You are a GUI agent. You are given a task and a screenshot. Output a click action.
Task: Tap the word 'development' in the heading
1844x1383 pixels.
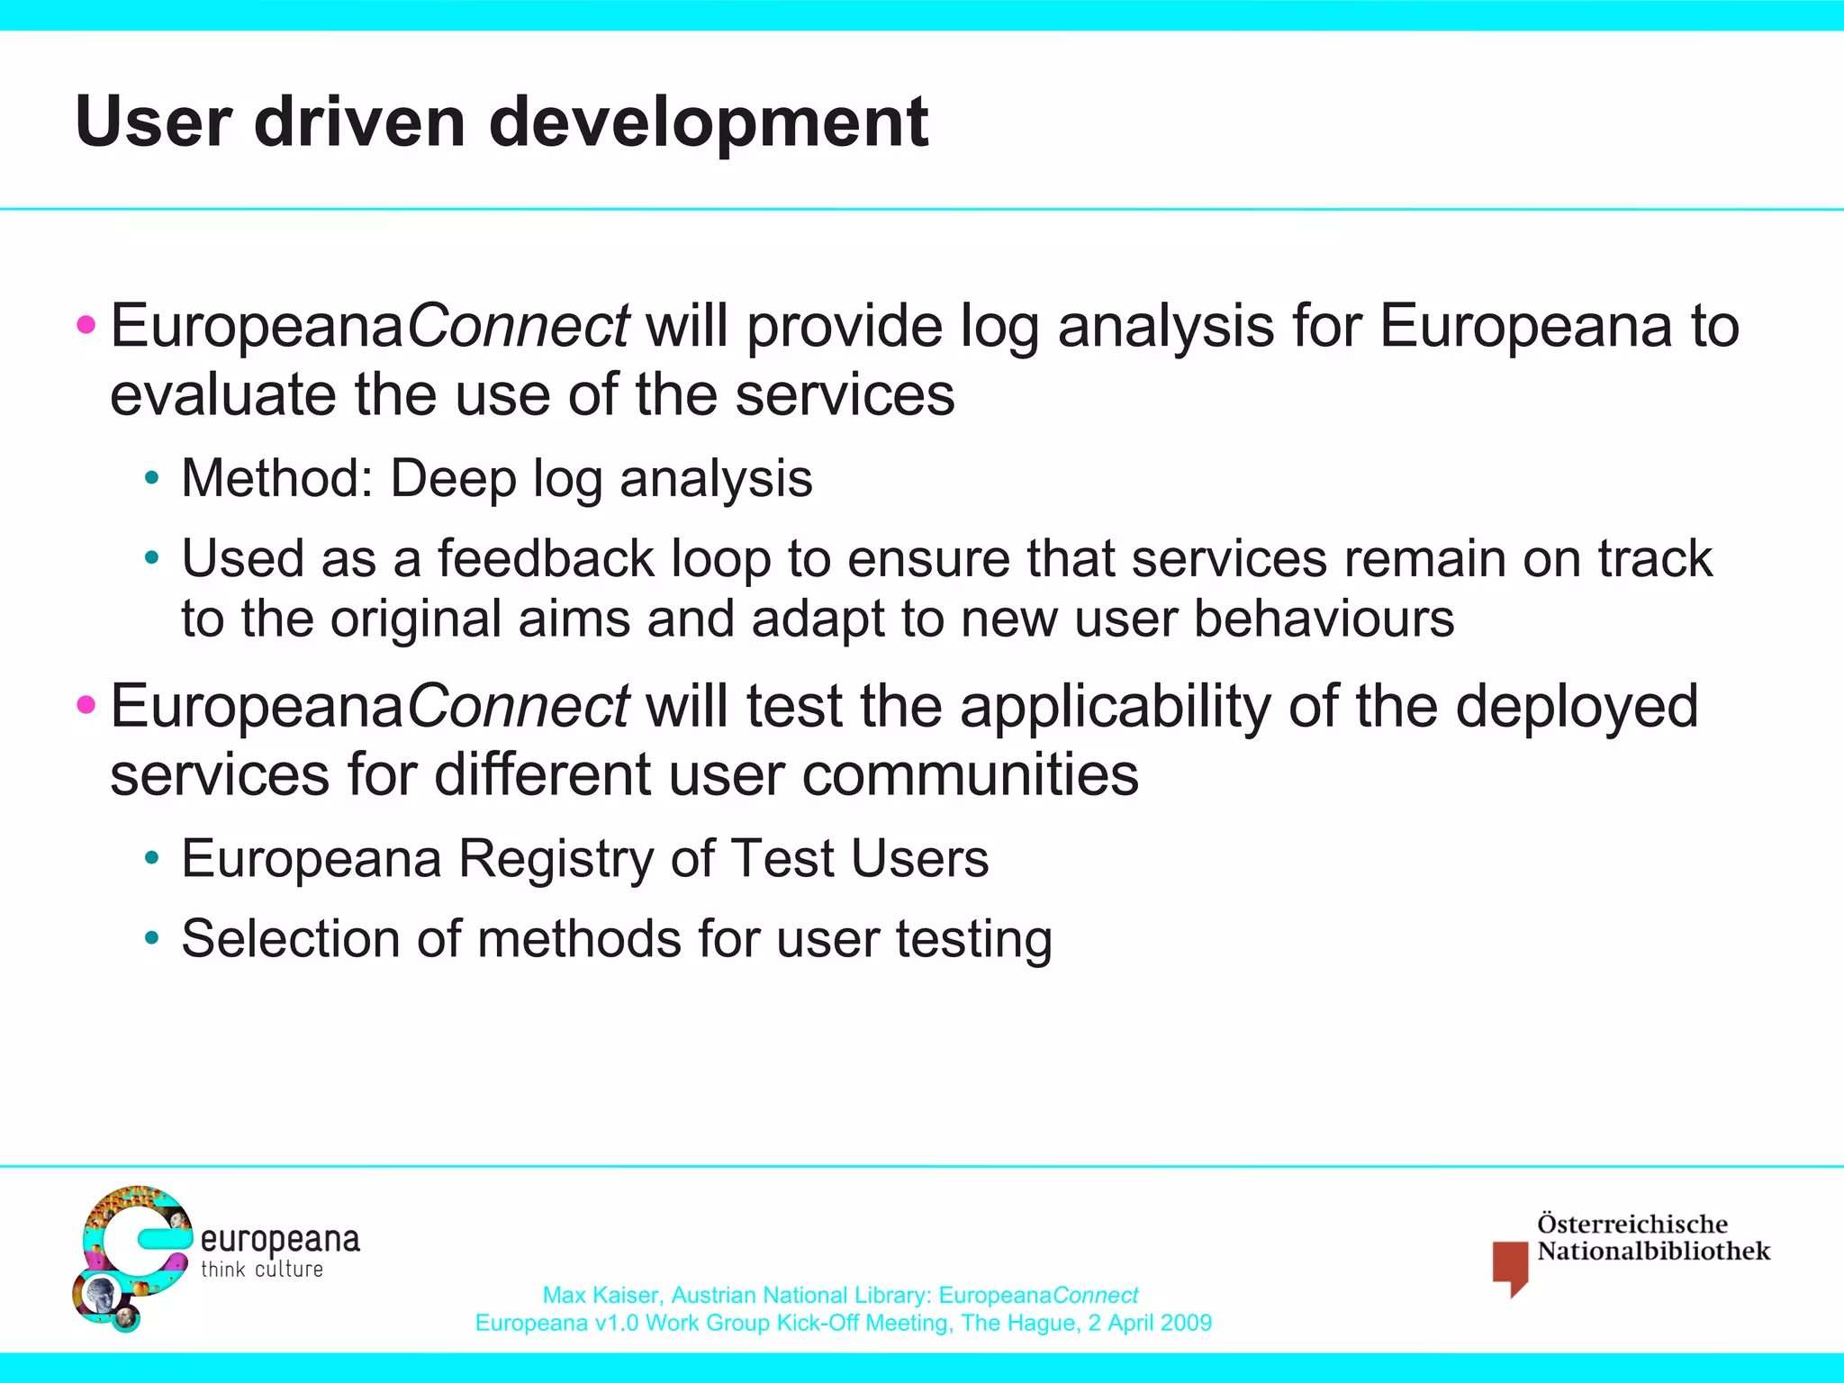[x=709, y=124]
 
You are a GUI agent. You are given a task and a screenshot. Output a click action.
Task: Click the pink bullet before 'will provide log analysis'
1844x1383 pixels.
[x=86, y=324]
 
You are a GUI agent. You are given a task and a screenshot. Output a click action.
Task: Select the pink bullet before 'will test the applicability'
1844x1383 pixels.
[x=86, y=704]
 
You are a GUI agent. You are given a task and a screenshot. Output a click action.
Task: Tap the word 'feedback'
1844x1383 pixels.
[x=545, y=558]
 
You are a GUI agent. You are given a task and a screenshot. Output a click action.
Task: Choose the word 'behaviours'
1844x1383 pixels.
[x=1324, y=619]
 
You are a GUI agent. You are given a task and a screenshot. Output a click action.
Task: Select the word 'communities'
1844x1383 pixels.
[x=970, y=775]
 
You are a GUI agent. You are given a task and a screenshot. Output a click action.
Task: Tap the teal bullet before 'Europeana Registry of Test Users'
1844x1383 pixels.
[x=152, y=858]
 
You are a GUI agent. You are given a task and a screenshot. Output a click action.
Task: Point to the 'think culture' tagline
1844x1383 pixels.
[x=262, y=1270]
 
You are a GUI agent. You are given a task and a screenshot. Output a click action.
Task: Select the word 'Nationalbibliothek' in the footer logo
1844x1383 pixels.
[x=1653, y=1252]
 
